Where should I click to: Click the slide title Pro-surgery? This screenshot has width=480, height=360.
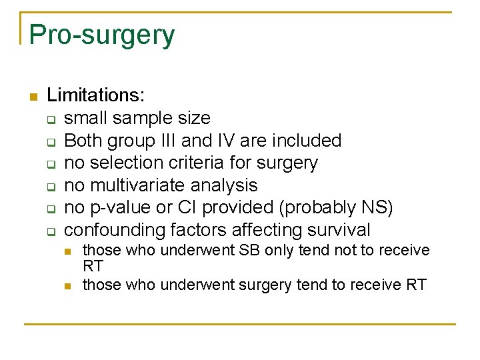tap(102, 35)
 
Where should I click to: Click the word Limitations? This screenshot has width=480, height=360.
tap(95, 96)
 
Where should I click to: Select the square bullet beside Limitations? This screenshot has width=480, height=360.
tap(32, 97)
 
